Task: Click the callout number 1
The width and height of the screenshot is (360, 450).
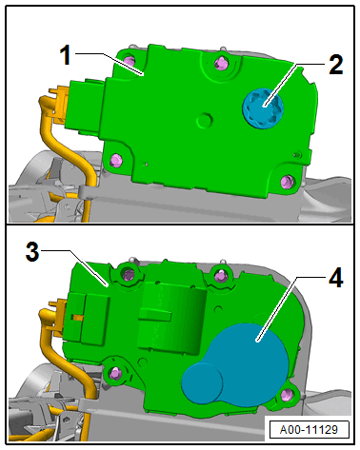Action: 66,55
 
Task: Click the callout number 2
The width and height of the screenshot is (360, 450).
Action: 336,65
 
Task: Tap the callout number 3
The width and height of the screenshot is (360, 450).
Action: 32,252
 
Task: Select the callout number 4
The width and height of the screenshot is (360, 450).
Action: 336,278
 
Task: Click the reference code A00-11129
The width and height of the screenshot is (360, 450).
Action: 309,430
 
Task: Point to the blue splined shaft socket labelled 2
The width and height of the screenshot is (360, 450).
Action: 261,108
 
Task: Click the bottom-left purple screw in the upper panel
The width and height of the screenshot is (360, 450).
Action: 116,160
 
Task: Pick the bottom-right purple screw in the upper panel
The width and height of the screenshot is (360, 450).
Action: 288,182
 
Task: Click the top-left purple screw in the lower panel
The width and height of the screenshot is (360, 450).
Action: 129,274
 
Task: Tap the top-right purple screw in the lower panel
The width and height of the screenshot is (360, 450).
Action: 219,276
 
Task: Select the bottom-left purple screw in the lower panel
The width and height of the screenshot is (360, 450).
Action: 115,374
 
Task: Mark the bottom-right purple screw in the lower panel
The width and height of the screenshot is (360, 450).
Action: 287,395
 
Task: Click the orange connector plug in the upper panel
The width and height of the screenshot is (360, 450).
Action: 58,104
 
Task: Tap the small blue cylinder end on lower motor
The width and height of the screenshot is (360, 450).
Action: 202,383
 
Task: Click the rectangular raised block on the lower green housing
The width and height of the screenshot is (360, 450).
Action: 170,316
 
